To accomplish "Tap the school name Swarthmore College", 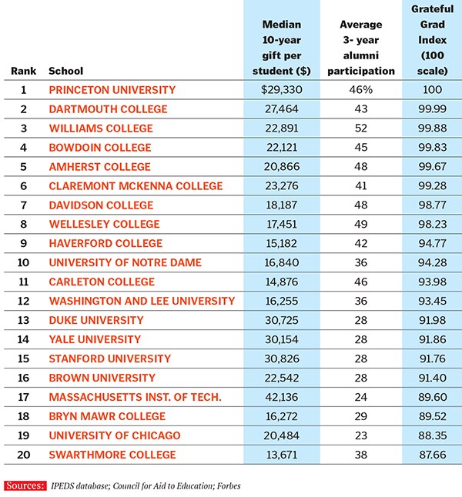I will point(112,455).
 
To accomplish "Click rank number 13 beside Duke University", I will point(23,320).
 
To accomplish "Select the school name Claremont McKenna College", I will point(136,186).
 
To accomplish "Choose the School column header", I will point(65,71).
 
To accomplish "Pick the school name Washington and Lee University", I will point(142,301).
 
